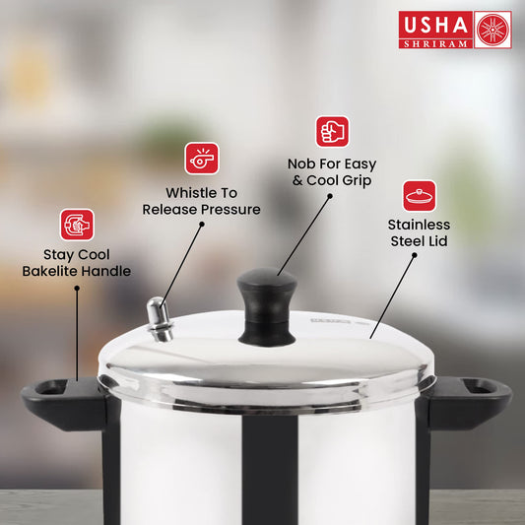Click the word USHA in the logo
(435, 25)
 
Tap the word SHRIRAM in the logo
(435, 44)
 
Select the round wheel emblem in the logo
(492, 30)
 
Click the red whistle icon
(202, 159)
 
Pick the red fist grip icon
(332, 132)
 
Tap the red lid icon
(419, 196)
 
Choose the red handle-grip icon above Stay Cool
(77, 225)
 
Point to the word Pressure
(230, 210)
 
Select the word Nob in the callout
(301, 164)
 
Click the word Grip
(358, 181)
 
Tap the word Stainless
(419, 225)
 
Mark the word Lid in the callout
(438, 241)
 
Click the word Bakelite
(49, 271)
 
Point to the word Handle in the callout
(105, 271)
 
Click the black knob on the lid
(267, 307)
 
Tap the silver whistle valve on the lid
(160, 319)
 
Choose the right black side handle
(468, 403)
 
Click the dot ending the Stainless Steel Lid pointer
(414, 255)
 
